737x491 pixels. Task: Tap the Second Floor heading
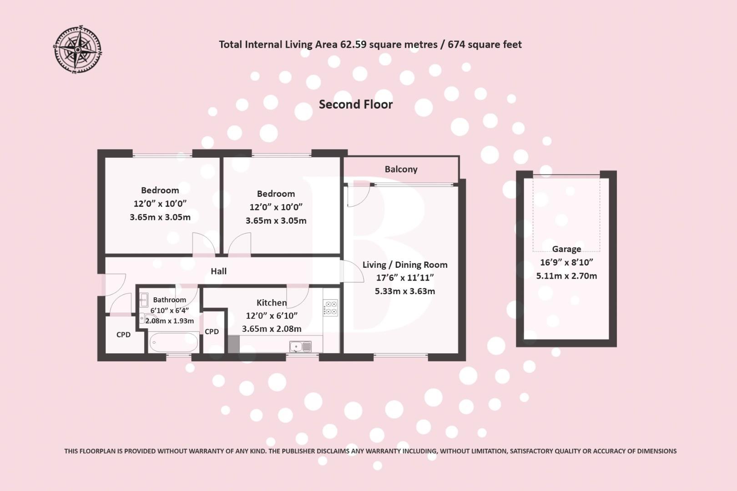[355, 104]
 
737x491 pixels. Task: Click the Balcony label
[401, 169]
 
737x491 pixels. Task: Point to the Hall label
[218, 271]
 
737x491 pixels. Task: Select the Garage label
[566, 249]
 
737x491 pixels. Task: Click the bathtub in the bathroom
[173, 341]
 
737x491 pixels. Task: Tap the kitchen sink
[300, 347]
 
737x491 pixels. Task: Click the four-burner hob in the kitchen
[330, 308]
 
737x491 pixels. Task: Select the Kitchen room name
[272, 303]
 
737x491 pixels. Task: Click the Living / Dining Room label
[405, 265]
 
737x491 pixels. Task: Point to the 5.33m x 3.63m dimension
[405, 291]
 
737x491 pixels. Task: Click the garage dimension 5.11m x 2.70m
[566, 276]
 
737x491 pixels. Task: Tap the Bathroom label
[169, 300]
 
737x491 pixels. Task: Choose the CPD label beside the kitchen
[212, 331]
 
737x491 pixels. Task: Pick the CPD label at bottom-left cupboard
[123, 335]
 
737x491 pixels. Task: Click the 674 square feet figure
[485, 45]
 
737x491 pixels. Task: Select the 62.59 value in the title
[353, 45]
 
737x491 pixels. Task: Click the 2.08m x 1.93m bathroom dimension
[170, 321]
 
